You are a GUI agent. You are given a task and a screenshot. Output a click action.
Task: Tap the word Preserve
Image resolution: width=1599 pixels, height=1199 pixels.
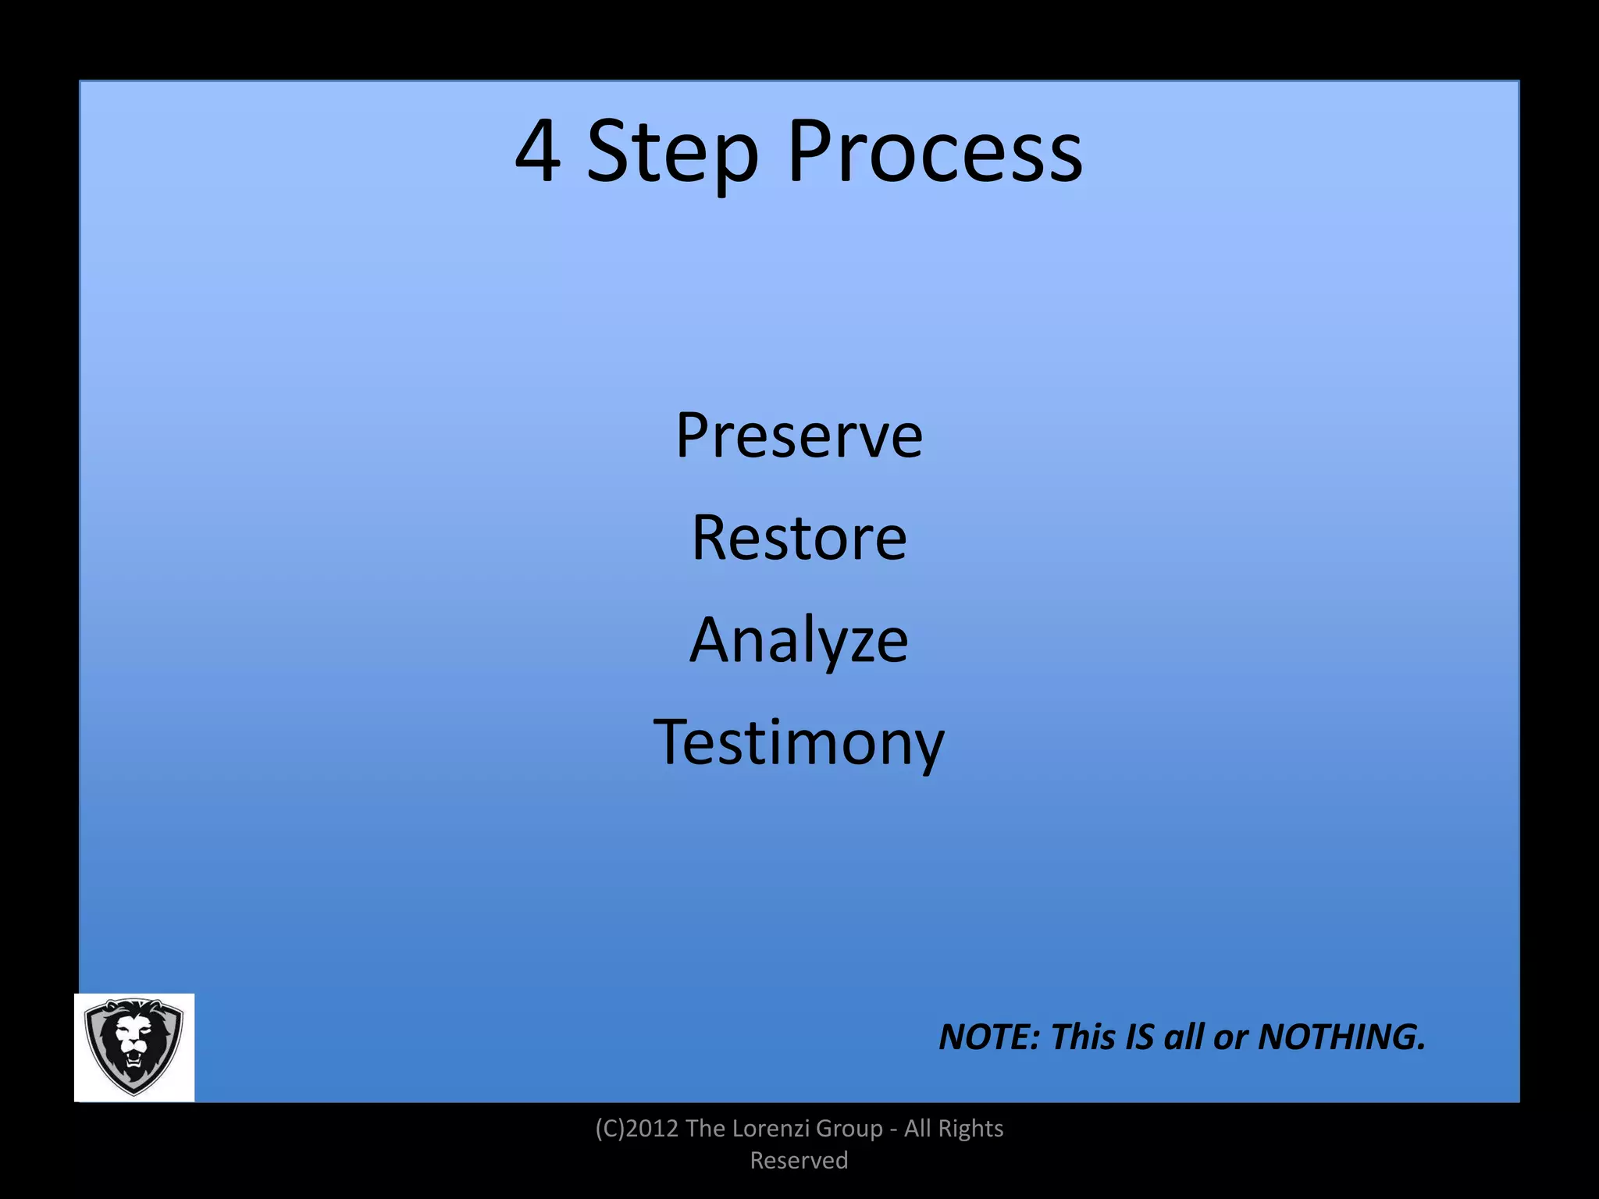[x=799, y=435]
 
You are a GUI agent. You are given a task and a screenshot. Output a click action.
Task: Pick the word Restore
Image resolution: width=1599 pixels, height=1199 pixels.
[x=799, y=538]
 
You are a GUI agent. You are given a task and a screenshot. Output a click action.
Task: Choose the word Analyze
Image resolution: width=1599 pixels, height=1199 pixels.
[x=799, y=640]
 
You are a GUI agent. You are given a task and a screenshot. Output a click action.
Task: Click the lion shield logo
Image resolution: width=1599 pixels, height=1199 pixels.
[x=134, y=1047]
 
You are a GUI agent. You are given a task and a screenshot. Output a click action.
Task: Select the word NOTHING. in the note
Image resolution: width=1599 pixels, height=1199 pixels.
[x=1342, y=1037]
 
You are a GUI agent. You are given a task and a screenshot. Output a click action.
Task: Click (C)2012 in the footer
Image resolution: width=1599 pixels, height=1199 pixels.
[x=636, y=1129]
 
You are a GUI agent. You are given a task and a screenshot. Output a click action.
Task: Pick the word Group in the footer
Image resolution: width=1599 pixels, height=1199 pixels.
[x=849, y=1129]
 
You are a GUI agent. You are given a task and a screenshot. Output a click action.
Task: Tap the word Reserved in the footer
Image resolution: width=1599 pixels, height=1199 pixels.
[x=799, y=1161]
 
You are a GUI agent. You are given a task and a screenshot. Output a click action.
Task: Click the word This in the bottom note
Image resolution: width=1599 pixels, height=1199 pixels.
[x=1083, y=1037]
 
